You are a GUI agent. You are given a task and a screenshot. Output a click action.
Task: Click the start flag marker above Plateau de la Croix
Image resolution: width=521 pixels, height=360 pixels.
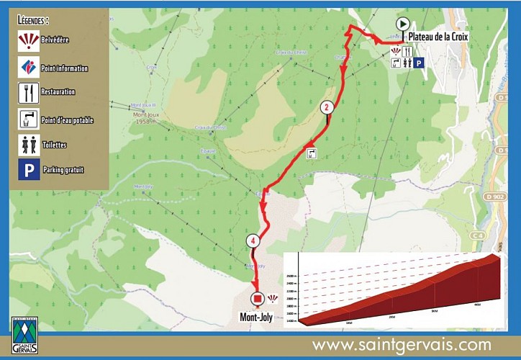(403, 24)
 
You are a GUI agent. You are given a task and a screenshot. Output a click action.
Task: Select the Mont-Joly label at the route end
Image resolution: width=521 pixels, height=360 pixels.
(260, 315)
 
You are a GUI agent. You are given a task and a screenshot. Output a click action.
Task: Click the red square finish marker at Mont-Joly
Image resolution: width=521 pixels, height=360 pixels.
(257, 299)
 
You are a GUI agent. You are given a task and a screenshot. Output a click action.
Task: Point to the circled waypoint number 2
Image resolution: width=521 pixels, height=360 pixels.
(327, 108)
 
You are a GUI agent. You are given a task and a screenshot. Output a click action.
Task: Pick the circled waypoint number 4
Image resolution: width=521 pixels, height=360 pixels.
(253, 240)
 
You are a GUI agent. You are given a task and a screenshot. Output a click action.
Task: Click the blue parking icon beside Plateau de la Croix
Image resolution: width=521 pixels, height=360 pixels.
(419, 63)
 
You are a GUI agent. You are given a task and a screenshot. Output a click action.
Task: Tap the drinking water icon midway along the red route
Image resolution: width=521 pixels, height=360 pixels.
(312, 153)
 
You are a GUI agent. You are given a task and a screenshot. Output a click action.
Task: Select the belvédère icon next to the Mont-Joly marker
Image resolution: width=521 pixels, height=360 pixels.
(273, 298)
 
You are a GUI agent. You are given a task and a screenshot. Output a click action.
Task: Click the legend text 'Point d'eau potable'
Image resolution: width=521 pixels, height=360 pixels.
(68, 120)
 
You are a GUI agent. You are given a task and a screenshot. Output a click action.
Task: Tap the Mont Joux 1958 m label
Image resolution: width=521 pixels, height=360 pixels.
(150, 117)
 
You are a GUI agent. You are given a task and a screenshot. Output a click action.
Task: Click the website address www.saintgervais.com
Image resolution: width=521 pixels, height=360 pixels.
(401, 345)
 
